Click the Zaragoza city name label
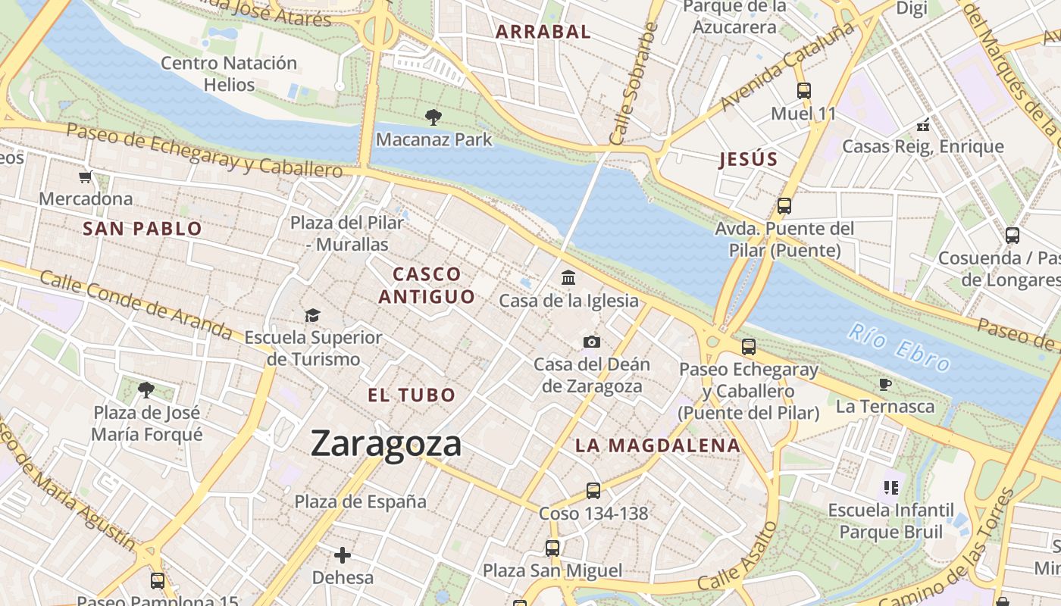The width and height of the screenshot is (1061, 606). pyautogui.click(x=386, y=444)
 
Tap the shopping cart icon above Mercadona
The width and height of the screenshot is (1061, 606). pyautogui.click(x=86, y=177)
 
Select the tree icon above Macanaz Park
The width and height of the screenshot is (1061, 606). pyautogui.click(x=433, y=117)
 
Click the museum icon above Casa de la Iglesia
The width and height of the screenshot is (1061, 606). pyautogui.click(x=568, y=278)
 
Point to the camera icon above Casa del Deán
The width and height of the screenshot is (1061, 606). pyautogui.click(x=592, y=342)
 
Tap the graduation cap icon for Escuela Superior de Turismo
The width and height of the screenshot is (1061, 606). pyautogui.click(x=312, y=315)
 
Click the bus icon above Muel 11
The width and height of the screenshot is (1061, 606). pyautogui.click(x=804, y=91)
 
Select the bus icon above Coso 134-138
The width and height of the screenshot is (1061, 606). pyautogui.click(x=593, y=491)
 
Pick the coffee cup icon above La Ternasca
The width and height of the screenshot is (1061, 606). pyautogui.click(x=884, y=385)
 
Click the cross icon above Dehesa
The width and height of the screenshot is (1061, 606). pyautogui.click(x=343, y=555)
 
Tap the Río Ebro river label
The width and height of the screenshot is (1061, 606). pyautogui.click(x=900, y=348)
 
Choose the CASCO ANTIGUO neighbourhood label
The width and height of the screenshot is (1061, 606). pyautogui.click(x=427, y=285)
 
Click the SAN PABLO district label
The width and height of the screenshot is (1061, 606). pyautogui.click(x=142, y=229)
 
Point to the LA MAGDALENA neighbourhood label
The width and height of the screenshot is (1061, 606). pyautogui.click(x=657, y=445)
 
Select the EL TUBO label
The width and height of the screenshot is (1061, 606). pyautogui.click(x=412, y=395)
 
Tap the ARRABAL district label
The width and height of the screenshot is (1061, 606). pyautogui.click(x=543, y=32)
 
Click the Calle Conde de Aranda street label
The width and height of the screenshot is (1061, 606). pyautogui.click(x=136, y=305)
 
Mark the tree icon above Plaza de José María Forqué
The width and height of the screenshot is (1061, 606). pyautogui.click(x=146, y=390)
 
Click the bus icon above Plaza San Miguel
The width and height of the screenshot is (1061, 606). pyautogui.click(x=552, y=548)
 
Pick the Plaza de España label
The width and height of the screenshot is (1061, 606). pyautogui.click(x=361, y=501)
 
